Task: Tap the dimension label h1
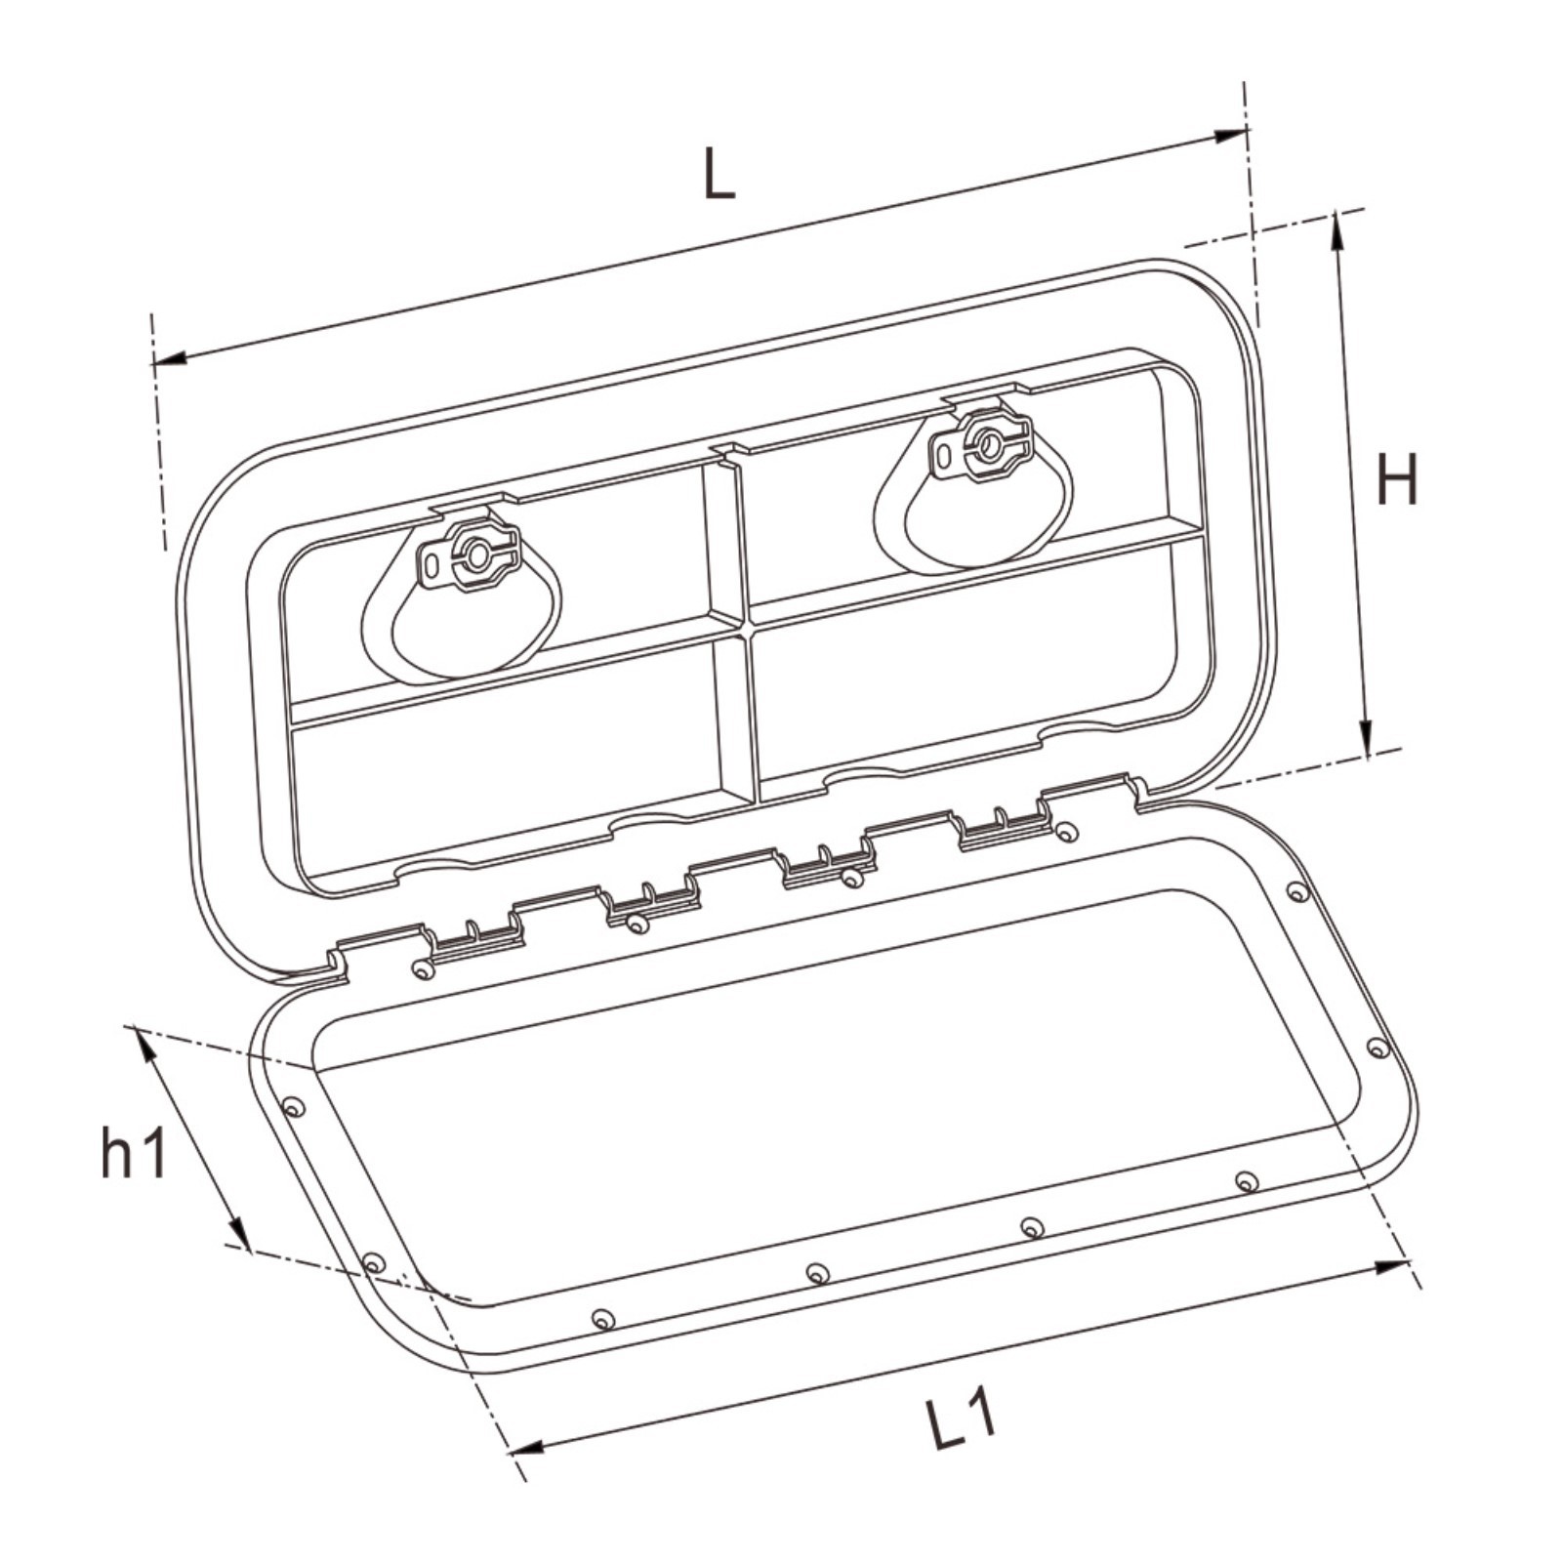[135, 1151]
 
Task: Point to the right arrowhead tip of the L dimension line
[1248, 131]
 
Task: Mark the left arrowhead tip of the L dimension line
[152, 364]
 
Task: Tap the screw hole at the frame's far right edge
[1377, 1048]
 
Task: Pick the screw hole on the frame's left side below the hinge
[292, 1107]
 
